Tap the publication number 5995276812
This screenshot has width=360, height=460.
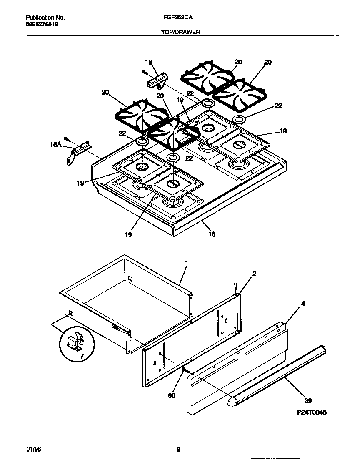point(42,25)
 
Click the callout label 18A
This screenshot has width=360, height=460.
point(55,144)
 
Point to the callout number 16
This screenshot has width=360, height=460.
point(212,234)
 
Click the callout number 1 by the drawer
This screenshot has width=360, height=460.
point(186,263)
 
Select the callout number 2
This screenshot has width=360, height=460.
point(254,274)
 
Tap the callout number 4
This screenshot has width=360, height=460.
point(303,304)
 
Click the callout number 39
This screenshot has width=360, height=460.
point(307,401)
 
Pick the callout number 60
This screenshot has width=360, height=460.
point(172,395)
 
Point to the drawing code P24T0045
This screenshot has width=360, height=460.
point(312,412)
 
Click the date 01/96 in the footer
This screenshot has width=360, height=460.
point(33,449)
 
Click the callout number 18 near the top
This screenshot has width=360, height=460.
point(148,63)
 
